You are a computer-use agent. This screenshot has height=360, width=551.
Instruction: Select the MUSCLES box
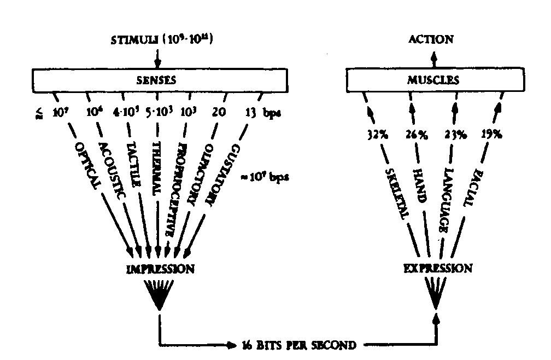(433, 80)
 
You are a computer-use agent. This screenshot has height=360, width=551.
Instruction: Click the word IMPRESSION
(160, 269)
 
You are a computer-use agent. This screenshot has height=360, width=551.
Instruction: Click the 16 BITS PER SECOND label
(299, 345)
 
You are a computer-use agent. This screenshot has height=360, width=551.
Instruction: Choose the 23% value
(455, 133)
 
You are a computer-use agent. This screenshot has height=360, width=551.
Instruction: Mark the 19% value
(491, 133)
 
